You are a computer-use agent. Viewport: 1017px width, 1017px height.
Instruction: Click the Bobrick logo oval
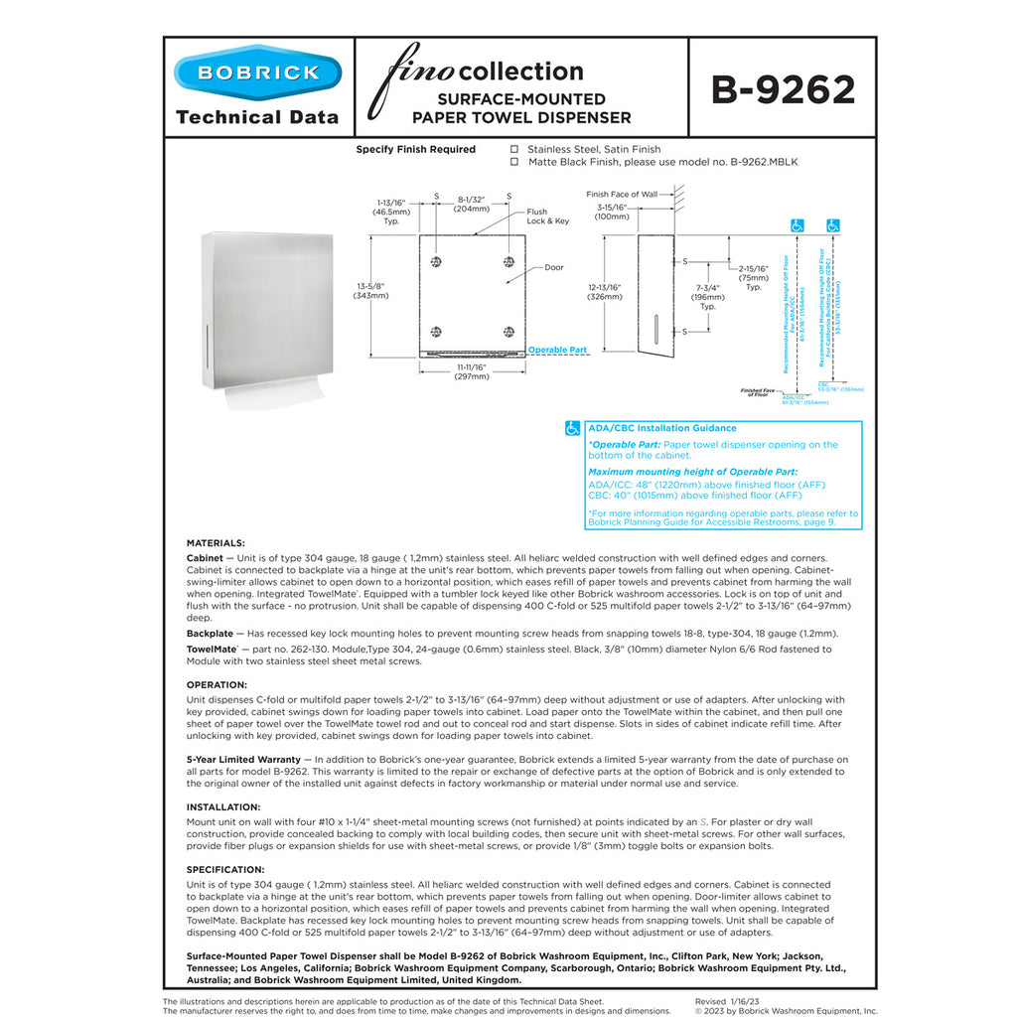pos(257,73)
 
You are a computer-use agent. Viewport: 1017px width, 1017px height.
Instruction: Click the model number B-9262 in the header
pos(783,89)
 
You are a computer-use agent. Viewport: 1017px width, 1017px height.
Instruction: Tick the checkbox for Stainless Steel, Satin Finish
pos(514,149)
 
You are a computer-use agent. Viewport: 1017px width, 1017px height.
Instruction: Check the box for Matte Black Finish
pos(514,161)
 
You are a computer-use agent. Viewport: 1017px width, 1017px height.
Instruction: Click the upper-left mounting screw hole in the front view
pos(436,261)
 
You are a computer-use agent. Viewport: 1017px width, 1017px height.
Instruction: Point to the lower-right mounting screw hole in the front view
pos(508,332)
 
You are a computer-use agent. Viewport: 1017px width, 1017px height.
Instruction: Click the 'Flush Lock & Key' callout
pos(547,217)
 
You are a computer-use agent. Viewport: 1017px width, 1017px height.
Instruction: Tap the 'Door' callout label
pos(553,268)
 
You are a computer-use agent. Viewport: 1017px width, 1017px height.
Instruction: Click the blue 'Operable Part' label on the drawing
pos(557,351)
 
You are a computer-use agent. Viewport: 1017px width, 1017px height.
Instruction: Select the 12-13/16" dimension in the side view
pos(605,291)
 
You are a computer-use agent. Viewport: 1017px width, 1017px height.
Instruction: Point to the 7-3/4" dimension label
pos(708,295)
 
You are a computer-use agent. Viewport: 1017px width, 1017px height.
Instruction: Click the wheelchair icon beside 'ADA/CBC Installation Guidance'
pos(573,428)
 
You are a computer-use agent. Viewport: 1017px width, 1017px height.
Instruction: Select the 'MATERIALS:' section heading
pos(216,543)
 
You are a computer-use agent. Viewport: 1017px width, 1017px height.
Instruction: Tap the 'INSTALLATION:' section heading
pos(223,807)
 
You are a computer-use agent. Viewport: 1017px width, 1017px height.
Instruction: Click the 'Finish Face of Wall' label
pos(622,195)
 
